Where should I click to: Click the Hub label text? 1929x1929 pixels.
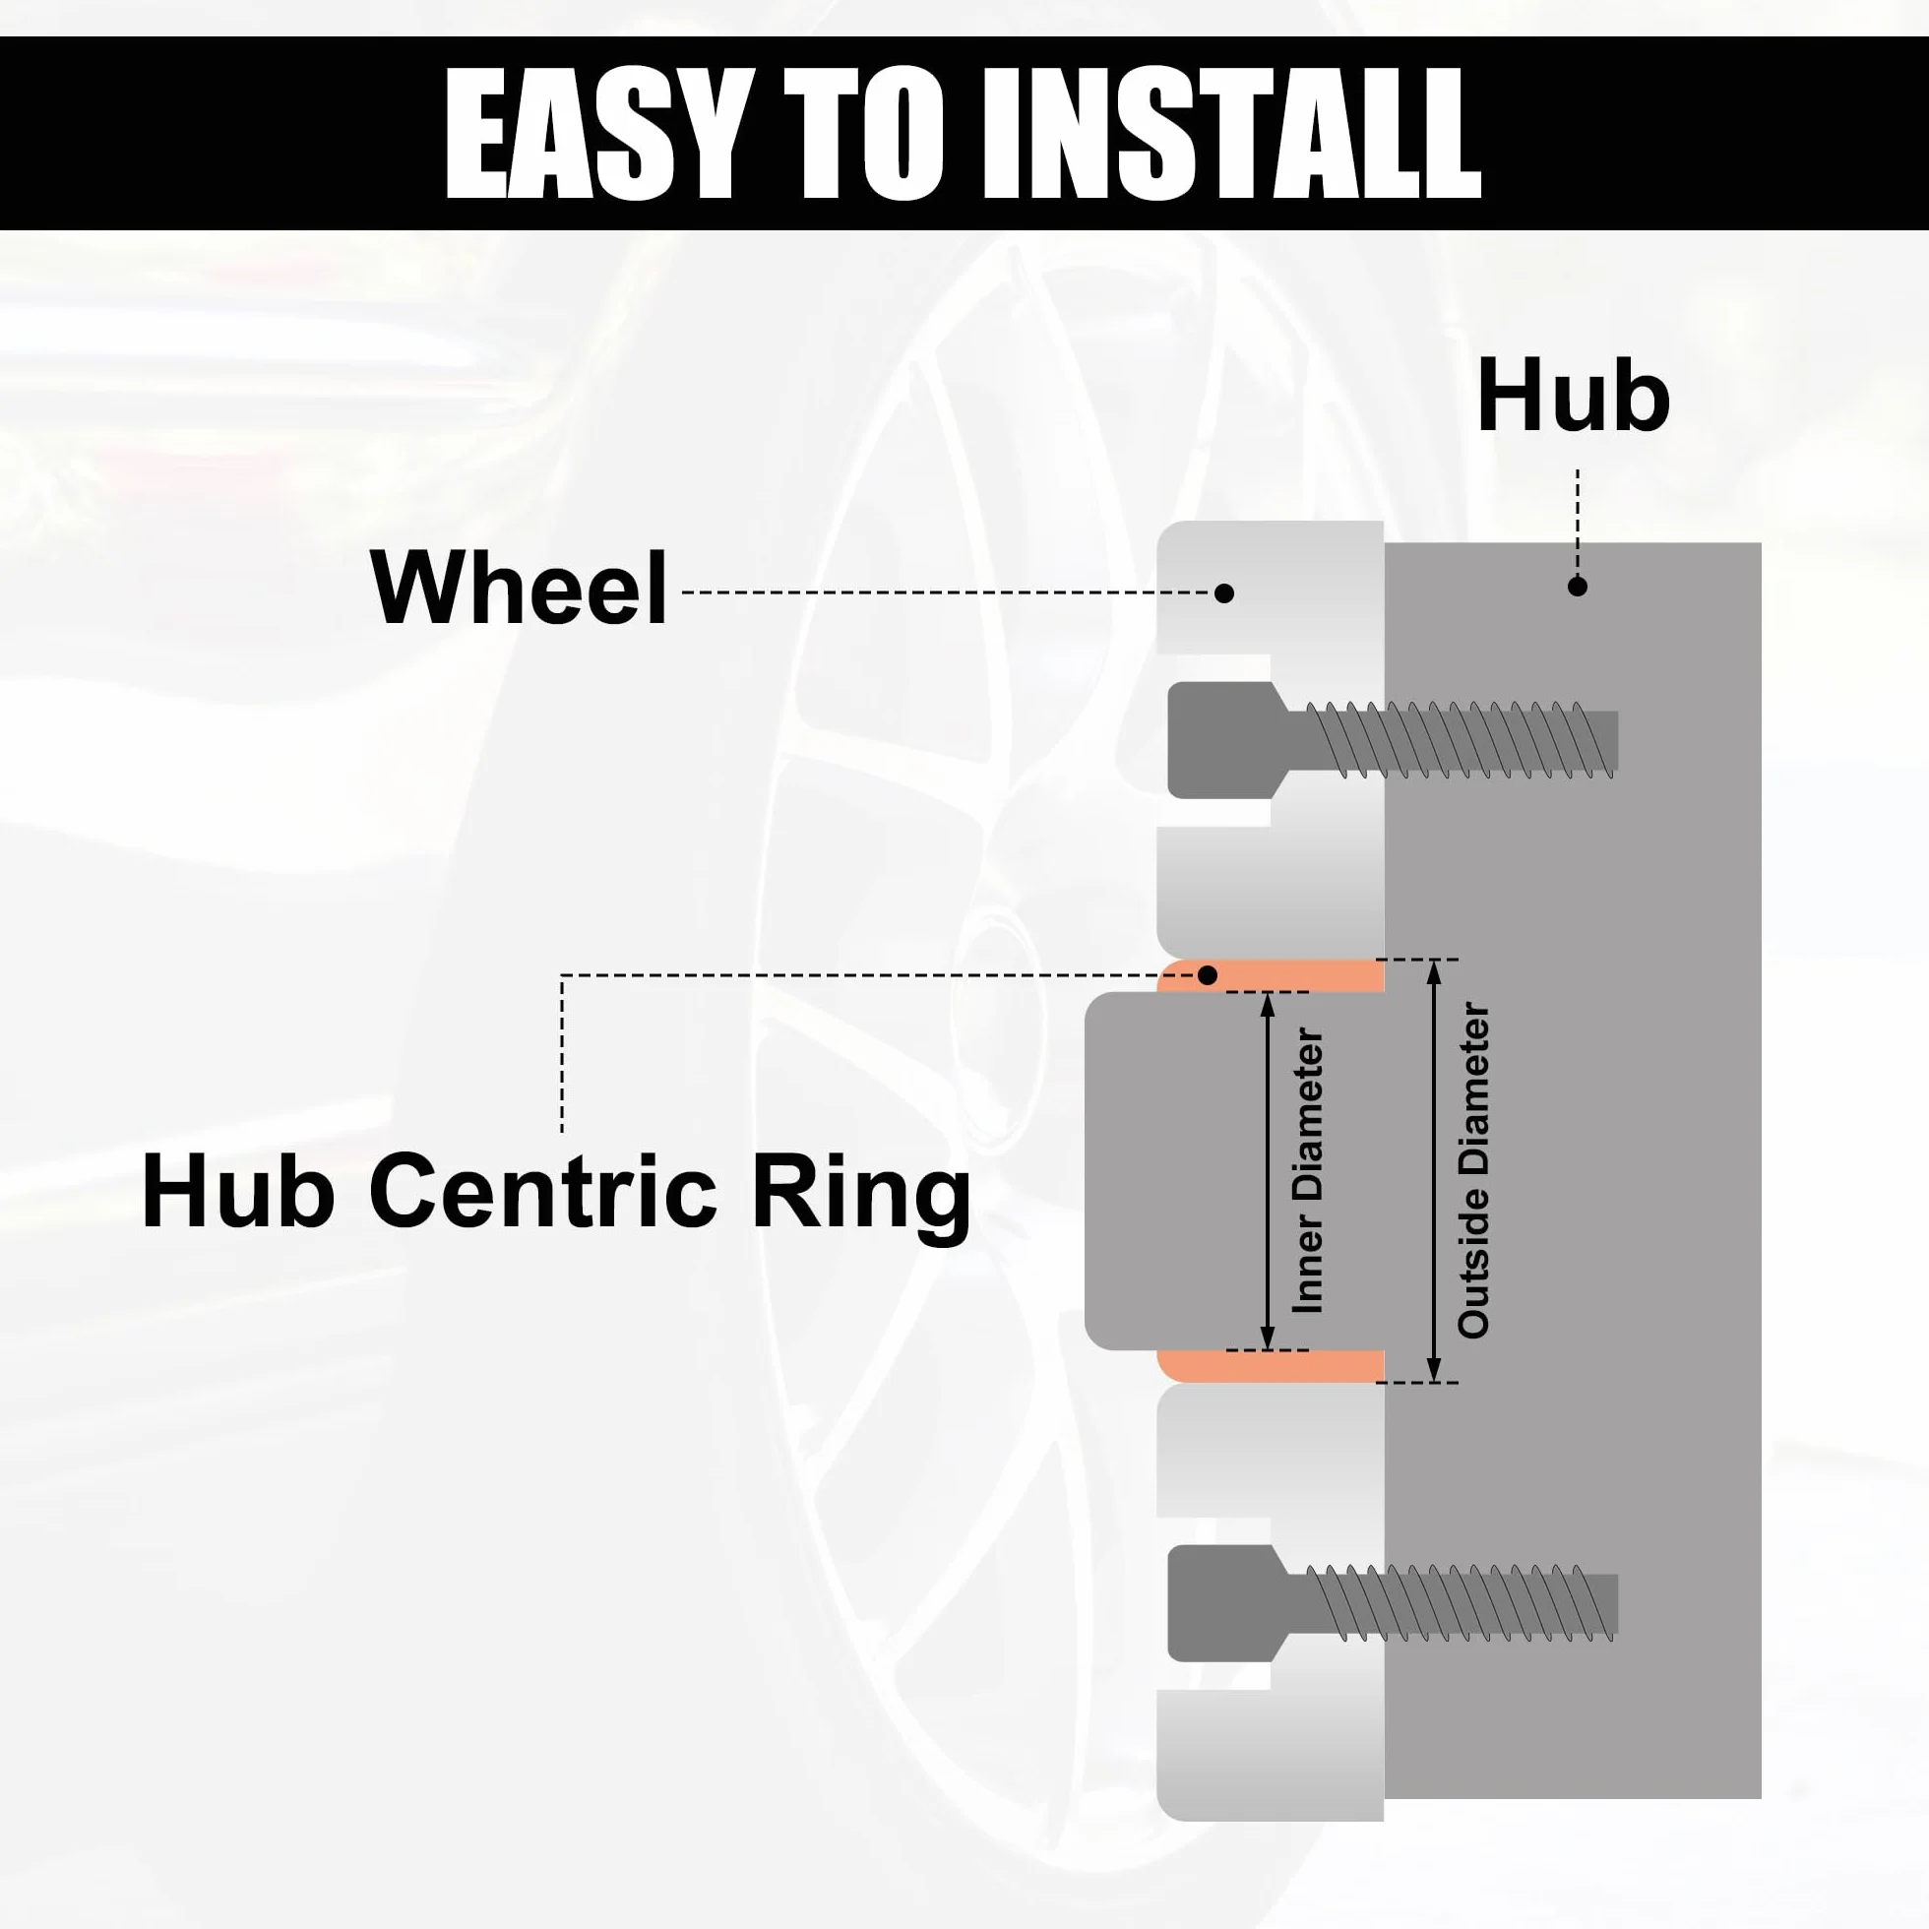point(1573,397)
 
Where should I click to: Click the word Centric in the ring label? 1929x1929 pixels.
point(543,1190)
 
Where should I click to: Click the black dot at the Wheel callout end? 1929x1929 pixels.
point(1224,593)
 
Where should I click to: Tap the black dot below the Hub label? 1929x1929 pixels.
point(1578,588)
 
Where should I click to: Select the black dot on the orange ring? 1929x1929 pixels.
point(1209,974)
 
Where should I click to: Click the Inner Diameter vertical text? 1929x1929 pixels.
point(1307,1171)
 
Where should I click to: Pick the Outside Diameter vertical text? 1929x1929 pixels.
point(1473,1170)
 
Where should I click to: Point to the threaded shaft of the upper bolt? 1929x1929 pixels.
point(1453,740)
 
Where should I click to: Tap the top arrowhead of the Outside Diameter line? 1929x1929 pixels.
point(1434,970)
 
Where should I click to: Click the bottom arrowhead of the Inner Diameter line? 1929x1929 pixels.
point(1268,1339)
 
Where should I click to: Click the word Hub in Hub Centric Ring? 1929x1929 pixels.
point(238,1190)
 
